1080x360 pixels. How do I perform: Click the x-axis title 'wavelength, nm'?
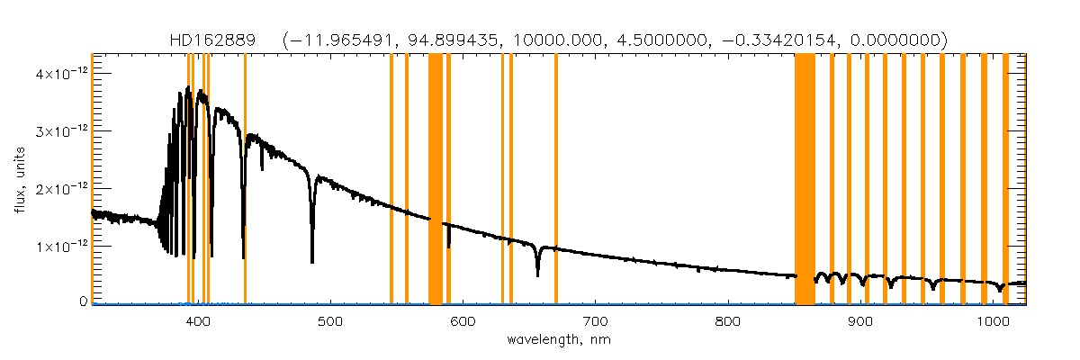click(x=558, y=340)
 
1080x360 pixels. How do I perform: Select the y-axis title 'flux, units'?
click(x=20, y=180)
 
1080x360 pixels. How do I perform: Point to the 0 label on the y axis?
click(x=83, y=301)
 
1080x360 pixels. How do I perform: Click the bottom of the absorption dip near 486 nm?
click(x=312, y=261)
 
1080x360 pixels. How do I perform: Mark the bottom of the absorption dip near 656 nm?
click(x=537, y=274)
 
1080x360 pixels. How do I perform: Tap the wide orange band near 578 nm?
click(x=435, y=180)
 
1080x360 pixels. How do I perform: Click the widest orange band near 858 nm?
click(x=805, y=180)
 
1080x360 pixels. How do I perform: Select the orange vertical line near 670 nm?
click(x=556, y=180)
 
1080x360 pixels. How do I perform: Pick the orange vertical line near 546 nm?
click(x=391, y=180)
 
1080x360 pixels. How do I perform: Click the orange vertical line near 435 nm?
click(x=245, y=180)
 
